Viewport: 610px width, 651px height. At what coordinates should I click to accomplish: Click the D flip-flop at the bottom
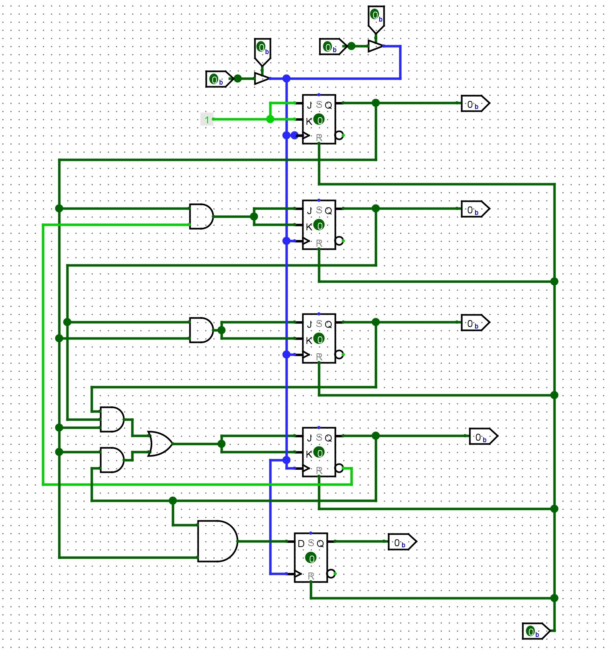311,557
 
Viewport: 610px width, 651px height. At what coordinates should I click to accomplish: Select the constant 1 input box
207,119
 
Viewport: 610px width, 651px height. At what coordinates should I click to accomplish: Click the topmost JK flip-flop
319,119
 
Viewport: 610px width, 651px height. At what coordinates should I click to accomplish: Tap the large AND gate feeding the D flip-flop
216,541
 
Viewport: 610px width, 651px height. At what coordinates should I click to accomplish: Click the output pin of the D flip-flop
402,542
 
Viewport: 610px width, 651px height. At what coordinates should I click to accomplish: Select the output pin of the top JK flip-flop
475,104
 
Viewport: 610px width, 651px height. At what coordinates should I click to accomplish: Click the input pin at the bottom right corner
535,631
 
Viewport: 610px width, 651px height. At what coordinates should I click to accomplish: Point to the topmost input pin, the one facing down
376,17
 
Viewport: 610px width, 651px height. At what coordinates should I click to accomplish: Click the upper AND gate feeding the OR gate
112,419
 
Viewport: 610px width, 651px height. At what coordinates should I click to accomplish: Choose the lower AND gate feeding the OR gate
112,460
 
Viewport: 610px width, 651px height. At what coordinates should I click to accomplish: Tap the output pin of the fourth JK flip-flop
483,436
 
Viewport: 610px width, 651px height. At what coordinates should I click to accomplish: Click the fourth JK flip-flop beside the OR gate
319,452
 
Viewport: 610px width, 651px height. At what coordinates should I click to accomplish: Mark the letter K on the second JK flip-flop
308,227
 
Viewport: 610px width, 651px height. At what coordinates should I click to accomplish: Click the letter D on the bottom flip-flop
301,544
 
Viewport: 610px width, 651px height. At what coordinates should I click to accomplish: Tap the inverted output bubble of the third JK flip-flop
339,354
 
